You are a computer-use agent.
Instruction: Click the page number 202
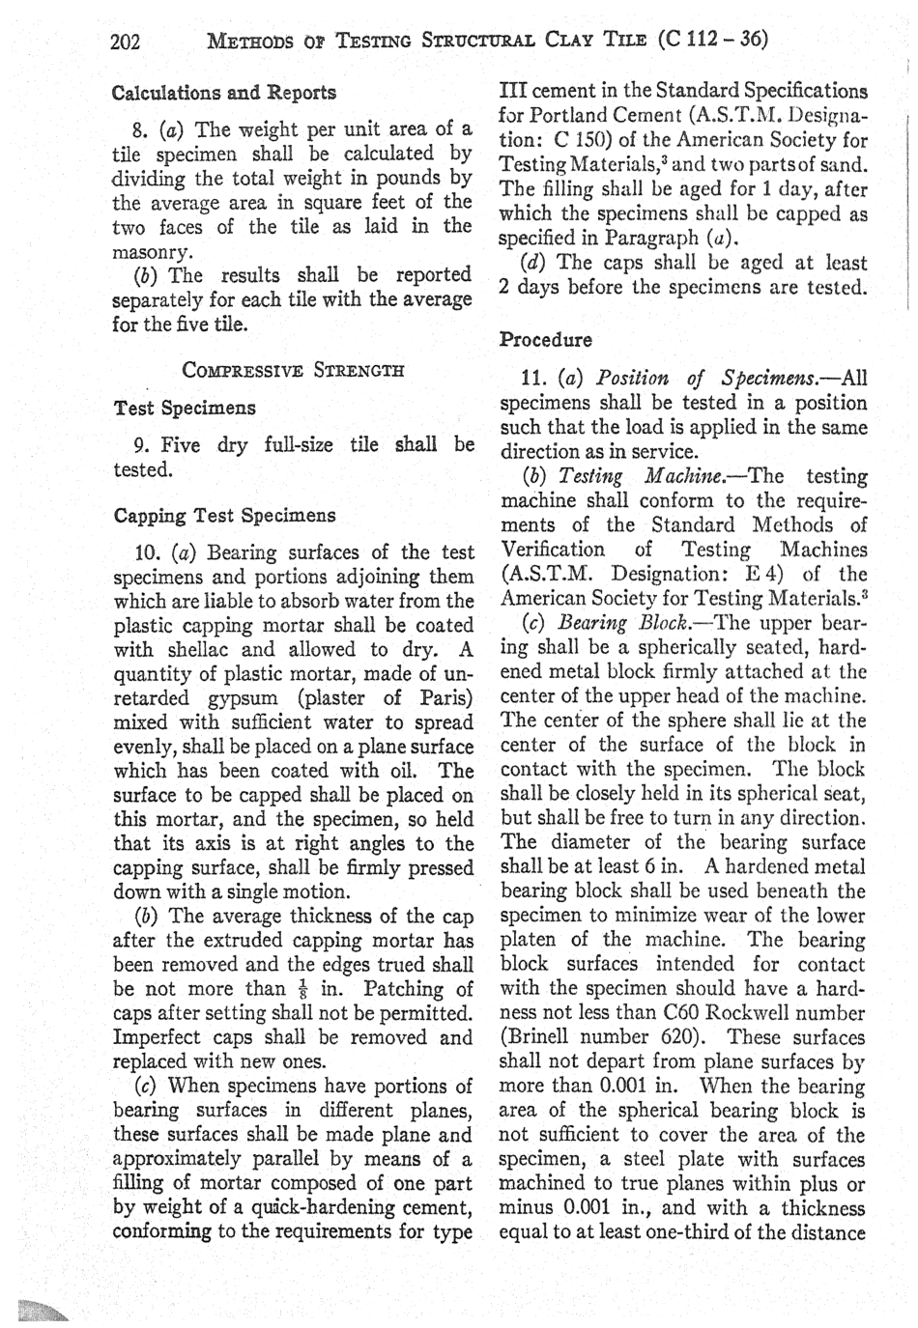127,41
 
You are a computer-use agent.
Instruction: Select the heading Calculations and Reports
224,94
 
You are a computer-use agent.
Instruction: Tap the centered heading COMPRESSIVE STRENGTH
293,370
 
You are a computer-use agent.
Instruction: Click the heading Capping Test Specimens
224,516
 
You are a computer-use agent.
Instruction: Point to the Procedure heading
546,340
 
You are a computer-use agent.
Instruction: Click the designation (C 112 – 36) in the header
712,40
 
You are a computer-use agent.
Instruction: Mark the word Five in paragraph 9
181,445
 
